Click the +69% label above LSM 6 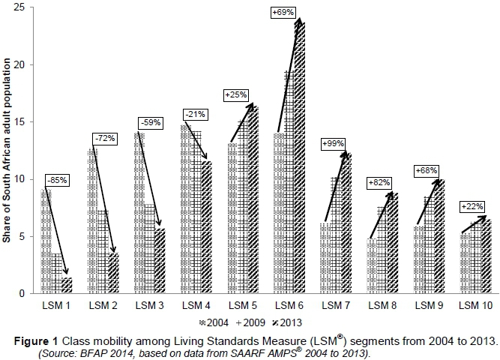click(286, 13)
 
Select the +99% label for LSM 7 click(334, 143)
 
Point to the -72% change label click(103, 138)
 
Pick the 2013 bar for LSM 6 click(298, 157)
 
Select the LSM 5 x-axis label click(242, 306)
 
